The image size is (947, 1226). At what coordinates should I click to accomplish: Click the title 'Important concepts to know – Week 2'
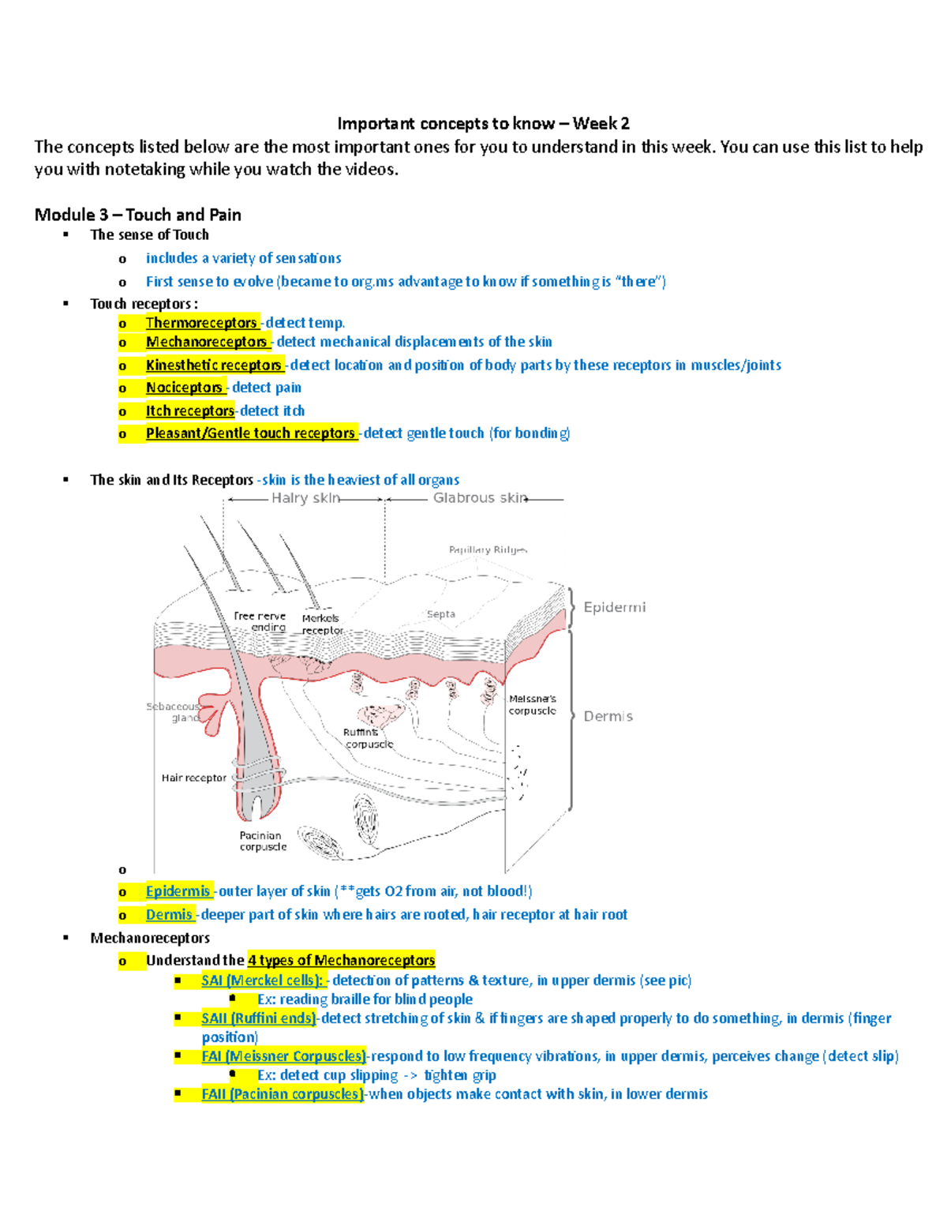(x=483, y=123)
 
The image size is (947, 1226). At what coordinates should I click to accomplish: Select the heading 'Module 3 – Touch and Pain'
(x=138, y=215)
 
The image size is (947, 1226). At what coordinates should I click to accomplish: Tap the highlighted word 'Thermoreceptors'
(x=201, y=323)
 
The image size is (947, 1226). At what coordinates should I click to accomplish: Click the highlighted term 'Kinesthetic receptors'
(x=214, y=365)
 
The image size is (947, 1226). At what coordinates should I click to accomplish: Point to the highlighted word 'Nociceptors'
(x=184, y=388)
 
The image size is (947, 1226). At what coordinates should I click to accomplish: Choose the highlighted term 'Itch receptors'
(x=190, y=411)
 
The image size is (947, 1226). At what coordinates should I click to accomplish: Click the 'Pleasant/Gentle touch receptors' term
(x=250, y=433)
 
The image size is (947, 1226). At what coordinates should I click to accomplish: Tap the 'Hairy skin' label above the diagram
(x=305, y=498)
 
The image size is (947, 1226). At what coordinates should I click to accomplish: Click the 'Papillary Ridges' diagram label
(x=487, y=549)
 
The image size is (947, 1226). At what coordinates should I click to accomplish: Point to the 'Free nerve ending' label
(x=260, y=621)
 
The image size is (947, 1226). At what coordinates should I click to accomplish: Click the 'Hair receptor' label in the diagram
(x=193, y=778)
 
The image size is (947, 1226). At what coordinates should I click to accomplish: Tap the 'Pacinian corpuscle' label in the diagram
(x=263, y=841)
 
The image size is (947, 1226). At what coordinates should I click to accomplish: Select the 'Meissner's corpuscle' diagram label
(x=532, y=704)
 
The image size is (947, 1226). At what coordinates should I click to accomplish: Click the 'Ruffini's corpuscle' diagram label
(x=367, y=738)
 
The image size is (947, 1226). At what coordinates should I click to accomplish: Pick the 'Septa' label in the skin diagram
(x=440, y=614)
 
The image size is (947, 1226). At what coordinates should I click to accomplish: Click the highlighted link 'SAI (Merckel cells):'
(x=262, y=980)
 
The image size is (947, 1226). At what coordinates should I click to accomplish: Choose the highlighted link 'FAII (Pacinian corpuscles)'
(x=283, y=1094)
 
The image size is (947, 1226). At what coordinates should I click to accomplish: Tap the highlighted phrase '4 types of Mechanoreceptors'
(x=341, y=961)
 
